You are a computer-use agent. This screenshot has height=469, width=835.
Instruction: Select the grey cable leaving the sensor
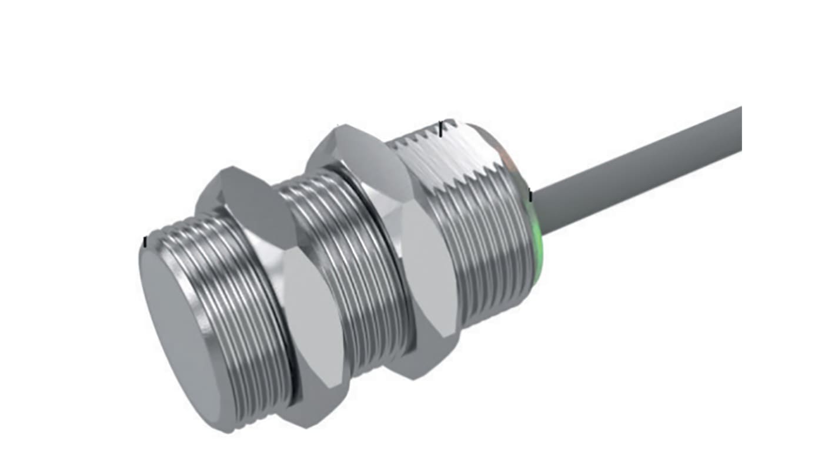(635, 170)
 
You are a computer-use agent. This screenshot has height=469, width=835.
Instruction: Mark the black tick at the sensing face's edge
(145, 242)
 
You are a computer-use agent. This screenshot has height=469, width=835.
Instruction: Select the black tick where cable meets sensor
(530, 196)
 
